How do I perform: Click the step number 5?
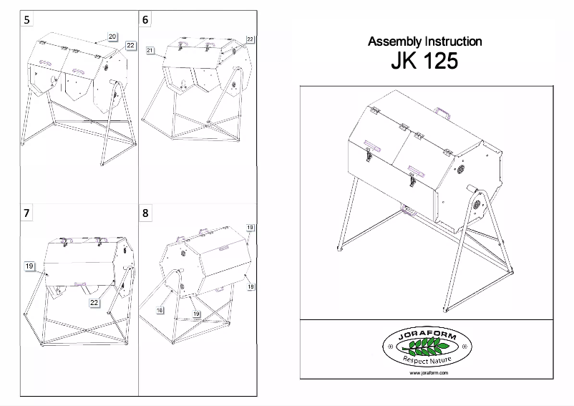point(27,20)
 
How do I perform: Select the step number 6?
point(146,20)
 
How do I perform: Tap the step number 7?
point(27,213)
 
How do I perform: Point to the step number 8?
point(146,213)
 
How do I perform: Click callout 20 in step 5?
point(113,35)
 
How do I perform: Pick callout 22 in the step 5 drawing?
point(130,46)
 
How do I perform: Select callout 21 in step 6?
point(150,50)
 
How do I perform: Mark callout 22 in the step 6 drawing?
point(250,39)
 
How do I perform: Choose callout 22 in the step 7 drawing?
point(93,303)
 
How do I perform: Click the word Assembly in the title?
point(391,42)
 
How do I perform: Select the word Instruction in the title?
point(451,42)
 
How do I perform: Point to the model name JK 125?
point(424,62)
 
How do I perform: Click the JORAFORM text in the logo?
point(424,335)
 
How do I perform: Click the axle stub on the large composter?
point(473,190)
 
